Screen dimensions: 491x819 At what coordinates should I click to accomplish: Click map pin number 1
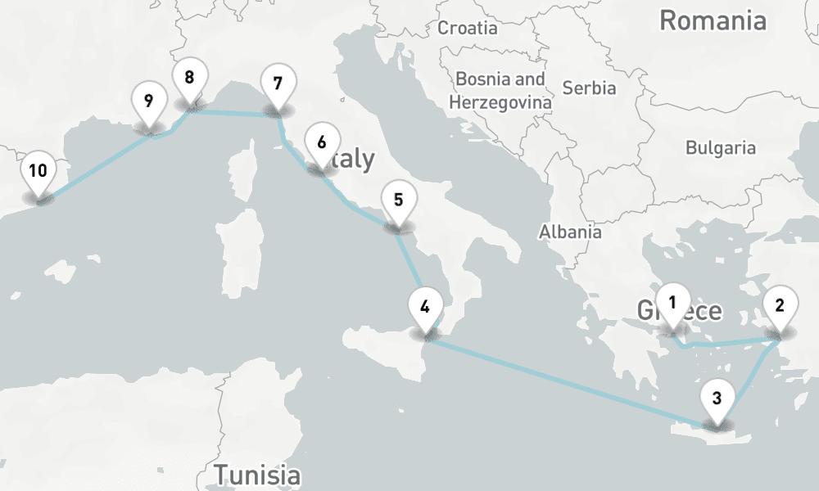click(672, 304)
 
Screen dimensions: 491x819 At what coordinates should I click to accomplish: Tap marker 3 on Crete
click(717, 400)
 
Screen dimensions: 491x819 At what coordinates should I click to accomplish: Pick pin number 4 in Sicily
click(424, 309)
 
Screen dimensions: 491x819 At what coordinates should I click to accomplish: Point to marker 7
click(277, 84)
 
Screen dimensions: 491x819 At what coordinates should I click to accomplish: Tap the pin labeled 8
click(189, 79)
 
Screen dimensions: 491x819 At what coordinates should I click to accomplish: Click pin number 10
click(38, 173)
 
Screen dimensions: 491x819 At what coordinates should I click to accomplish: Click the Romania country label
click(713, 20)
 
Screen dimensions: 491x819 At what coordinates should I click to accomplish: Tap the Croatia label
click(468, 28)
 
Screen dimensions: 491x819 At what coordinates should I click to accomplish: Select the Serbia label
click(589, 88)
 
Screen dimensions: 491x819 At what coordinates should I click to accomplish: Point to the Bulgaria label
click(721, 148)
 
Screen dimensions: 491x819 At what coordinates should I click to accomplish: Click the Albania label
click(570, 232)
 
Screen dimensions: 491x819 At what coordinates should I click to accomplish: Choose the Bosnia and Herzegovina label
click(500, 91)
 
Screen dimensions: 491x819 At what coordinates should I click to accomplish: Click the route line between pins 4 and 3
click(565, 381)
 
